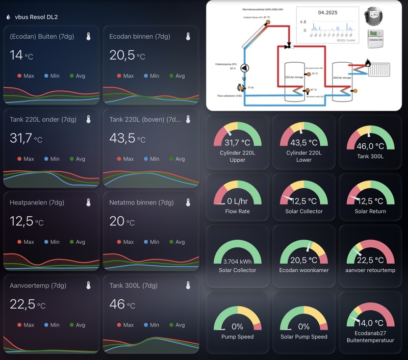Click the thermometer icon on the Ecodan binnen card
(x=188, y=36)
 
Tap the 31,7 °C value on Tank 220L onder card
(x=26, y=138)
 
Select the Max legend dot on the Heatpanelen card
(x=19, y=242)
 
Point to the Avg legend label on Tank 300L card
(x=180, y=325)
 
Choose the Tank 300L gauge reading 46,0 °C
(x=371, y=146)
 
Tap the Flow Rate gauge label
(x=237, y=211)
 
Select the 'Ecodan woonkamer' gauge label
(x=304, y=270)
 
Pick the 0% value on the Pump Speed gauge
(x=237, y=326)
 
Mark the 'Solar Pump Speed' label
(x=304, y=337)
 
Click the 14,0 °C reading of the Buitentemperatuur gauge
(x=371, y=323)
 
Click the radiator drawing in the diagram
(x=380, y=68)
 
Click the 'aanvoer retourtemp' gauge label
(x=371, y=270)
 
